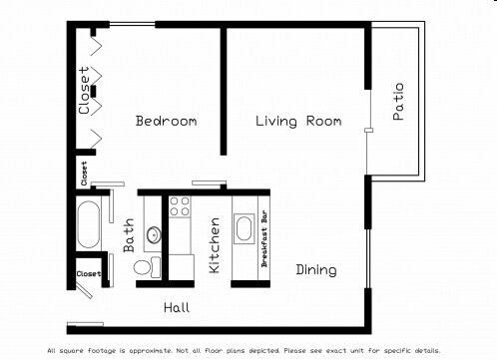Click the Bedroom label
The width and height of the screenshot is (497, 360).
tap(166, 121)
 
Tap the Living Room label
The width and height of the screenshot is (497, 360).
tap(297, 121)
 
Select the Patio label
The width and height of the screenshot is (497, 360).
tap(398, 102)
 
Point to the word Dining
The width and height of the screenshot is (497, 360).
tap(315, 270)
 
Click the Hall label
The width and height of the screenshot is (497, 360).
tap(177, 307)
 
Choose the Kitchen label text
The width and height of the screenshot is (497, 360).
tap(214, 246)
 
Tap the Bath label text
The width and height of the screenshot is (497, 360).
tap(129, 236)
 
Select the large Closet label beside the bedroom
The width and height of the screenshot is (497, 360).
tap(84, 91)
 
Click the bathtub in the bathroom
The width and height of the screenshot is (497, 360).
tap(88, 225)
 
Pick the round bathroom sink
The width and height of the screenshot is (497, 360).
tap(154, 235)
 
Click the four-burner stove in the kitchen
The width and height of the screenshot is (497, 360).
tap(180, 206)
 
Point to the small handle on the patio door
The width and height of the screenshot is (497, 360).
tap(368, 131)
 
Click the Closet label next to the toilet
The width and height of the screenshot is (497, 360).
tap(88, 273)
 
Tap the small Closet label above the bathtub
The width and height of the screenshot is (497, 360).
tap(83, 173)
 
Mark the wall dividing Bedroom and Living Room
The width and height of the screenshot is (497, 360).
tap(223, 90)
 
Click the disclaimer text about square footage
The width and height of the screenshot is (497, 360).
tap(244, 350)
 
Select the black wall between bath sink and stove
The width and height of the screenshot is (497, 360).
tap(166, 239)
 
